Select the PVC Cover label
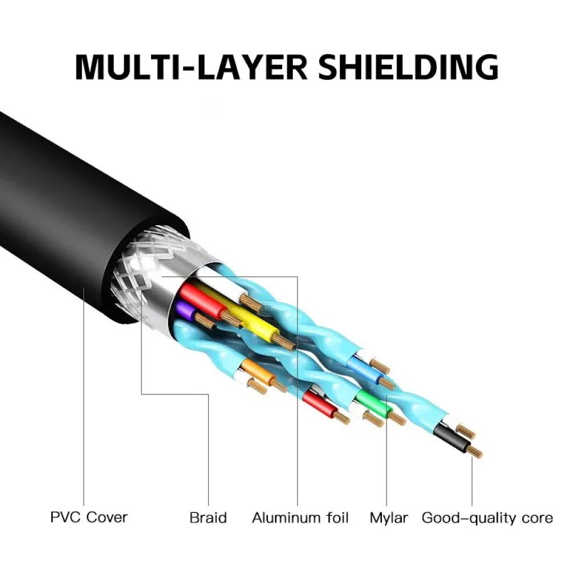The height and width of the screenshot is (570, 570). [89, 518]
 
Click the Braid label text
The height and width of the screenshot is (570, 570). [208, 518]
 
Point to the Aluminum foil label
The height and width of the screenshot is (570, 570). [300, 518]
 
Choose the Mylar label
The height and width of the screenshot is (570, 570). [389, 518]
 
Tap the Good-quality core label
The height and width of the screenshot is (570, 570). [487, 518]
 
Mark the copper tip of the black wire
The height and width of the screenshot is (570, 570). [474, 453]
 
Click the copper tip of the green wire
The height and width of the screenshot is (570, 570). [397, 421]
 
